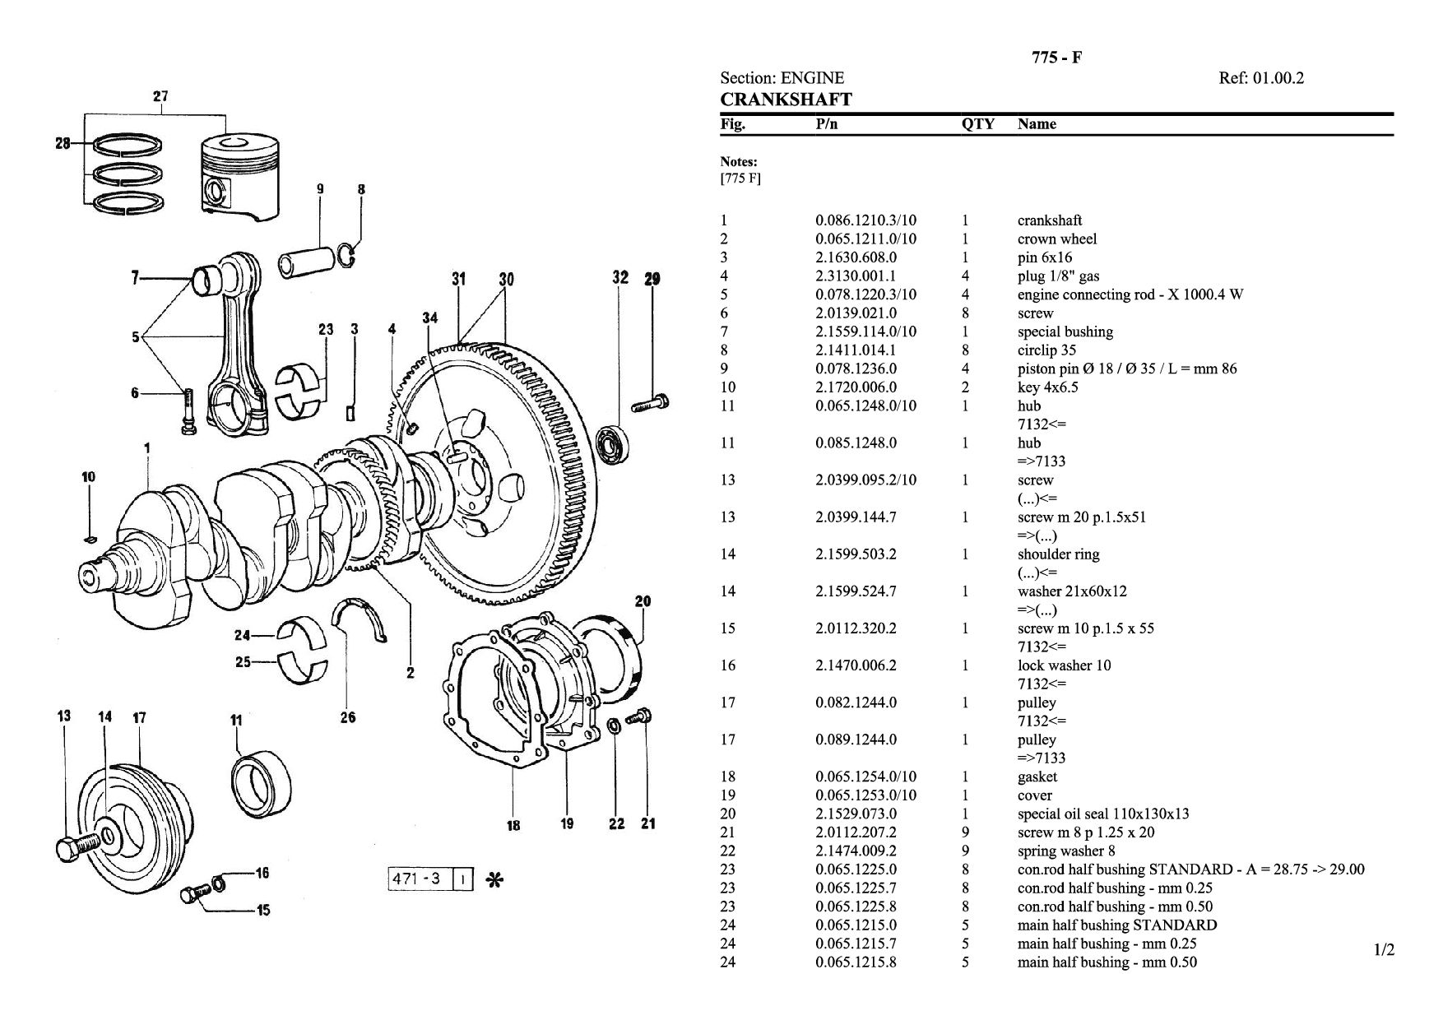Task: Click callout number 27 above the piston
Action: (160, 96)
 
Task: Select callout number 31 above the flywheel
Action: (458, 279)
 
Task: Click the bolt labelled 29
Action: (651, 404)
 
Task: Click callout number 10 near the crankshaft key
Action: (89, 476)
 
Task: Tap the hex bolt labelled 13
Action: (77, 844)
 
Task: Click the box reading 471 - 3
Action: (420, 879)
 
